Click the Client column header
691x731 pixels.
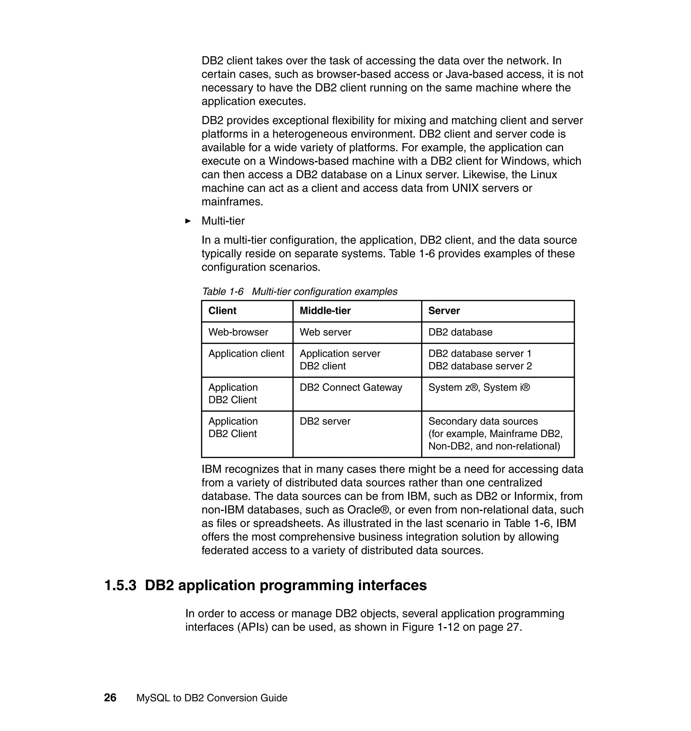[222, 311]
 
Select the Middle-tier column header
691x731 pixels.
[325, 311]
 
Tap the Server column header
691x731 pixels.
[444, 311]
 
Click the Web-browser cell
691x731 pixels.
[238, 332]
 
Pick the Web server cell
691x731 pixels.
[325, 332]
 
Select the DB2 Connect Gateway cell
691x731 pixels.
[351, 387]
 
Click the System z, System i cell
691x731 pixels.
[479, 387]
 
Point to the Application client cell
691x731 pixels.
[246, 353]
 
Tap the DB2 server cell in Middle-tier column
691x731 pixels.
[325, 421]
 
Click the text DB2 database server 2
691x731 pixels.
[480, 366]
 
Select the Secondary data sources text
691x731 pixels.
[483, 421]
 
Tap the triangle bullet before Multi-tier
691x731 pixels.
[188, 221]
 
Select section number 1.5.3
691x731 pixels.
[120, 585]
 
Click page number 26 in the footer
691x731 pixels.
[110, 698]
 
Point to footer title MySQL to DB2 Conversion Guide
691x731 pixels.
[212, 698]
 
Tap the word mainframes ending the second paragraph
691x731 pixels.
[232, 202]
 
